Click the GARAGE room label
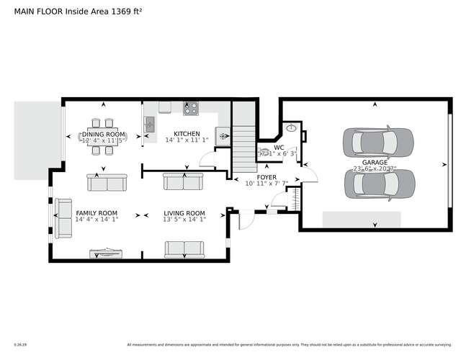(x=375, y=163)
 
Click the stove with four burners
(x=191, y=109)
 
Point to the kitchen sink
(x=150, y=125)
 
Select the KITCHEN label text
(x=187, y=134)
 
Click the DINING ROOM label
(x=104, y=135)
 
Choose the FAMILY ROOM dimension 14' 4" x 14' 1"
(x=97, y=220)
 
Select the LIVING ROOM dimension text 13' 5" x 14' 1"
(x=185, y=220)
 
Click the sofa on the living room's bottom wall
(x=185, y=249)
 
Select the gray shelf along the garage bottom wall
(x=361, y=219)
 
